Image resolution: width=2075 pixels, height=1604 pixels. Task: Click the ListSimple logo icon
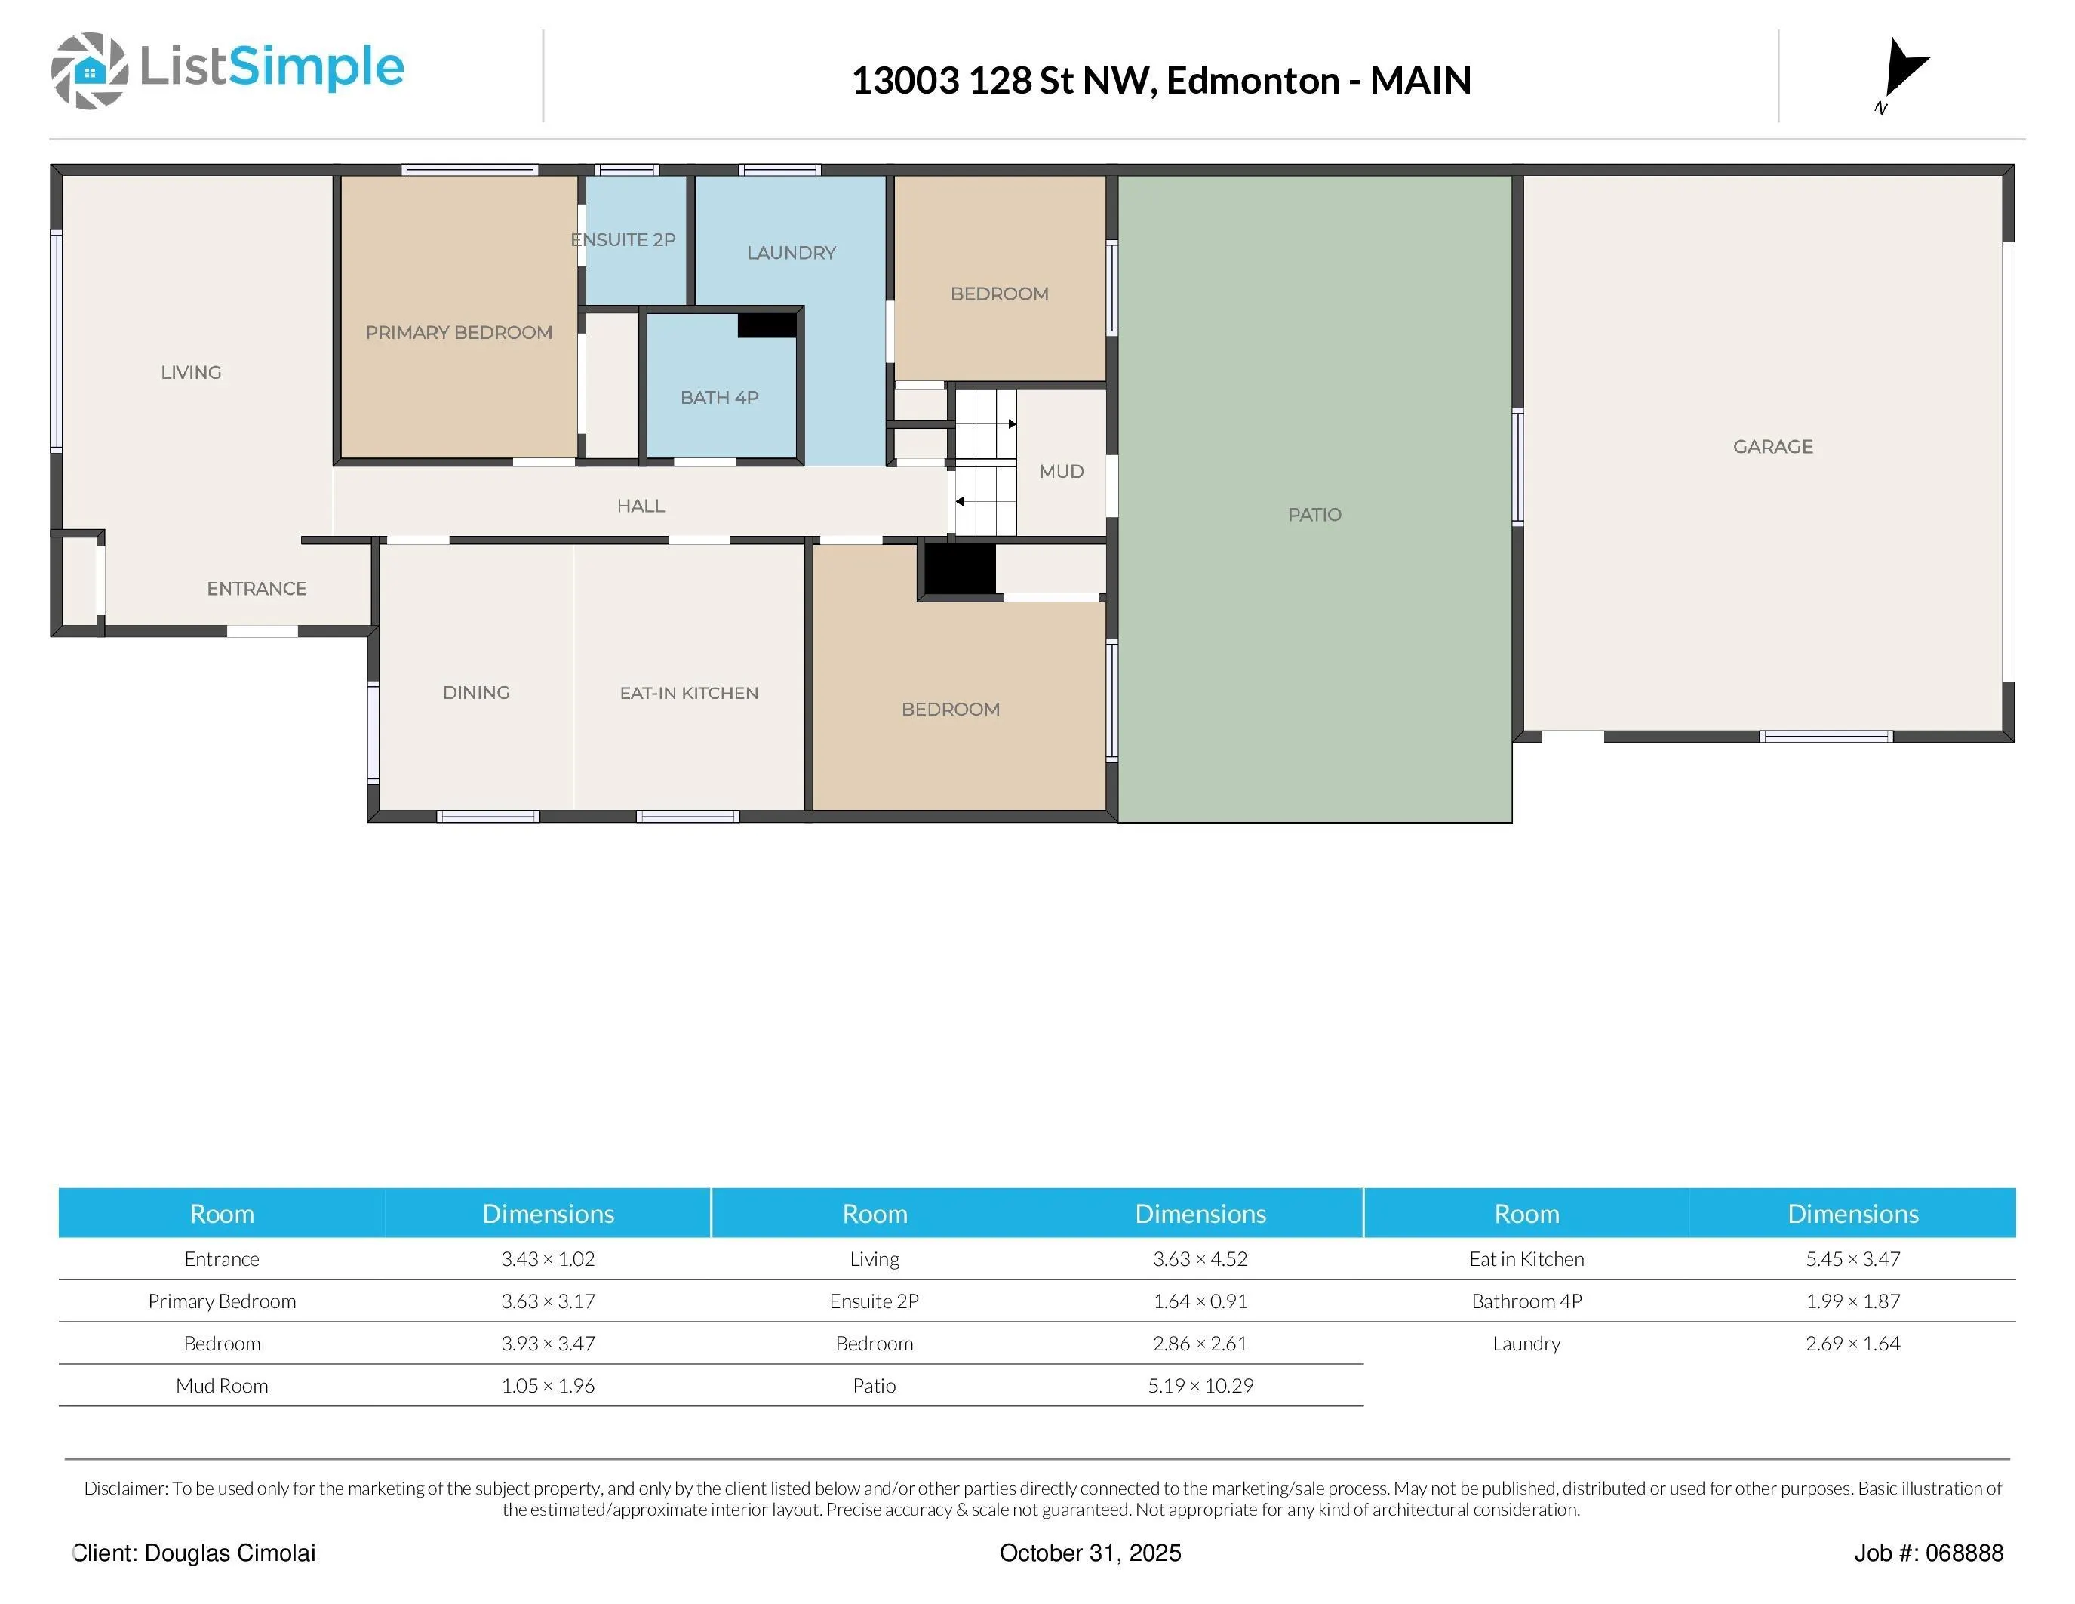89,70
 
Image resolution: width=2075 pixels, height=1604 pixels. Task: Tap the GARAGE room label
1773,447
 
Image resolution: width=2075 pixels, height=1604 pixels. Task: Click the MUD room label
1061,471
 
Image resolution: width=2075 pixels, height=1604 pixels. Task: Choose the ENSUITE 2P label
623,239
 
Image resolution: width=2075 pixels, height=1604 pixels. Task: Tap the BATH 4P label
719,397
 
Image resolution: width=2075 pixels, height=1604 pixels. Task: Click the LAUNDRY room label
792,253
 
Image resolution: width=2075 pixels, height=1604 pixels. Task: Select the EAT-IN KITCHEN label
689,693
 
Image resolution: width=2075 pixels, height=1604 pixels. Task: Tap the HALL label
641,506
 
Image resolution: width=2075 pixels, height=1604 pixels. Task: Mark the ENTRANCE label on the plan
257,588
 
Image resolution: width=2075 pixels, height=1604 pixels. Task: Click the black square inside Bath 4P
767,325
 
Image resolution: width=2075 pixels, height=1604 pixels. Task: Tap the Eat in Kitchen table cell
1526,1259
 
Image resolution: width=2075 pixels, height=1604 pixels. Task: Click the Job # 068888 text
1929,1553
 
